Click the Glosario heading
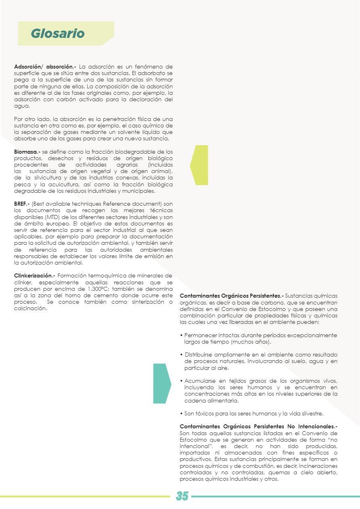click(x=58, y=33)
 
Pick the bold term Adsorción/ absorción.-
click(x=45, y=66)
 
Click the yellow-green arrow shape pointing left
click(x=199, y=165)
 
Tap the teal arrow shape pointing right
click(x=162, y=383)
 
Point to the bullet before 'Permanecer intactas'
click(x=181, y=336)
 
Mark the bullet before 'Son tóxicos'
click(x=181, y=414)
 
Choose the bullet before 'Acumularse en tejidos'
click(x=181, y=381)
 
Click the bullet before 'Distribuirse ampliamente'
click(x=181, y=355)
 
